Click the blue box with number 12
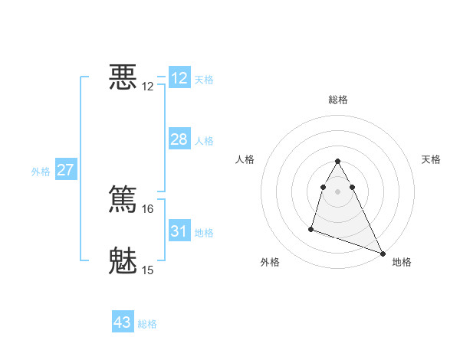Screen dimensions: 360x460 [179, 77]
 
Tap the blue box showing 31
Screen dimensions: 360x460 [179, 231]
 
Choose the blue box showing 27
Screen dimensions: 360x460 [65, 169]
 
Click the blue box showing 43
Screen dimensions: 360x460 [123, 322]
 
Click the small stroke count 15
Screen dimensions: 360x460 [148, 270]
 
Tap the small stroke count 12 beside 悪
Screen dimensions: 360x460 [148, 87]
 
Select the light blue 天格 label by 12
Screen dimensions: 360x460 [204, 80]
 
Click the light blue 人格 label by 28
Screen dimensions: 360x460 [204, 141]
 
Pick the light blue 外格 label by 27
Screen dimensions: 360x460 [41, 172]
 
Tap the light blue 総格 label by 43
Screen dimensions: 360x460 [147, 325]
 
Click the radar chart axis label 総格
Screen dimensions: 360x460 [338, 100]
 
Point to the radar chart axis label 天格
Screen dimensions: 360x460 [431, 159]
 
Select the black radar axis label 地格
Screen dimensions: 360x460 [402, 263]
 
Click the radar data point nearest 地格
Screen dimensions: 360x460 [383, 253]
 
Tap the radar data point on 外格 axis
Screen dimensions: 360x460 [311, 228]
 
